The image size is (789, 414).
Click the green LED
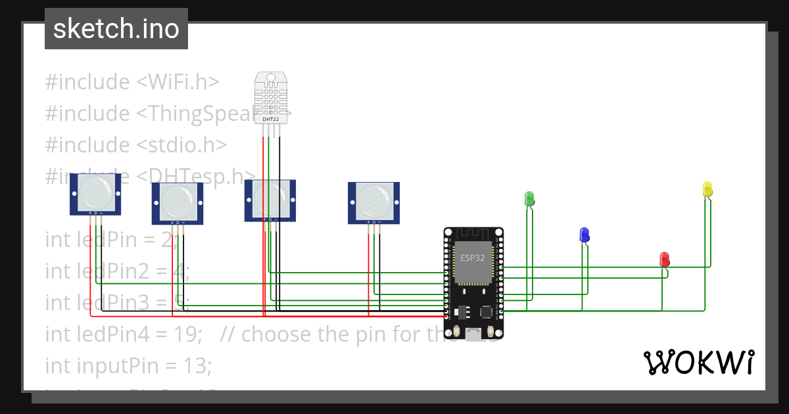529,198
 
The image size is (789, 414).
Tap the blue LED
585,234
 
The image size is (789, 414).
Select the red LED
665,258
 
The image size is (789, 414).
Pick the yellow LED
707,189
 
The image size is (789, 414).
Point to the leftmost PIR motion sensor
96,193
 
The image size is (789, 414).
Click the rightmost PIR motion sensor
373,201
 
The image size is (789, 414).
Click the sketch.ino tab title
116,29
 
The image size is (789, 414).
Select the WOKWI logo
698,363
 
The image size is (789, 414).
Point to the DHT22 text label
271,118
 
